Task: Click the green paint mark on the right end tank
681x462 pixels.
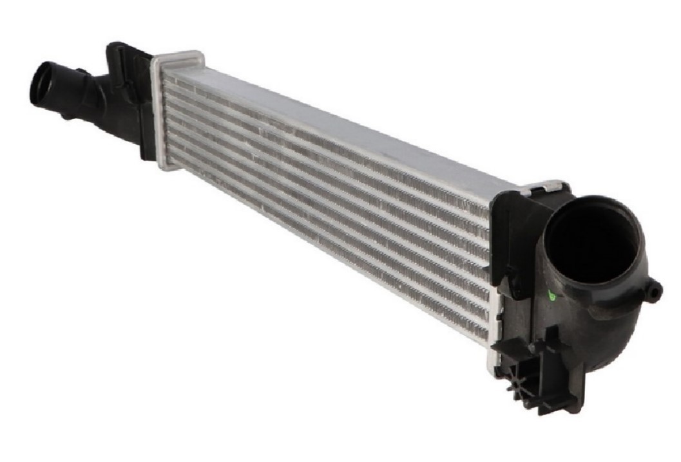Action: [x=550, y=295]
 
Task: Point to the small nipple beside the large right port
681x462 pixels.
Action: [x=653, y=291]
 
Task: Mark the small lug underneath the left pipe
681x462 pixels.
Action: [x=66, y=116]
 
